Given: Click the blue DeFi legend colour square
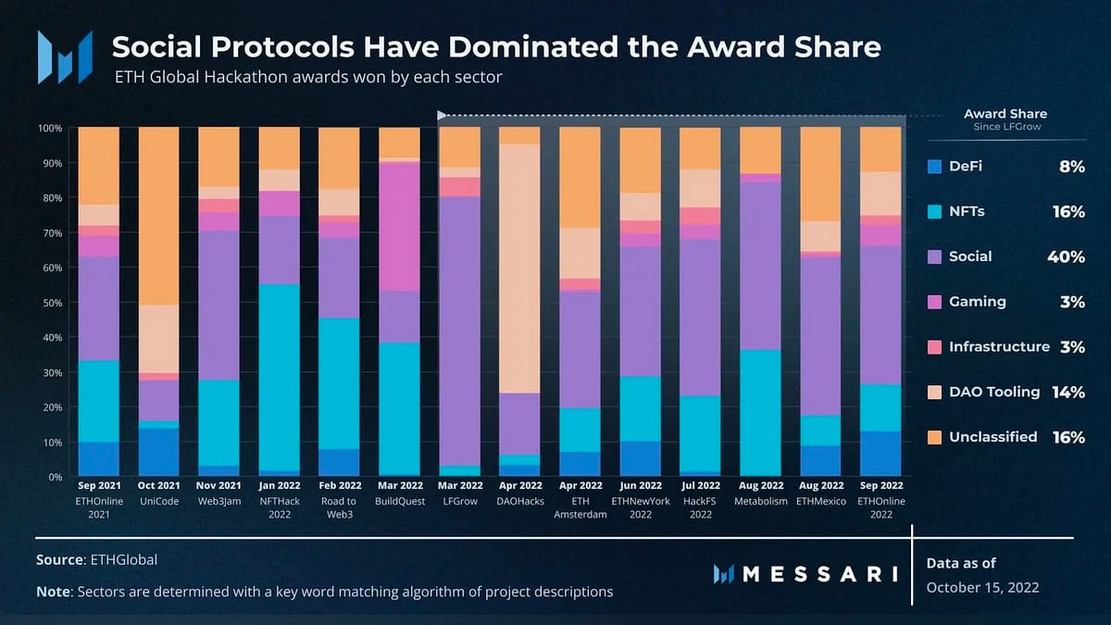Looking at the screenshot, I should click(934, 167).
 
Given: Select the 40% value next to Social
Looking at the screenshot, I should click(1067, 256).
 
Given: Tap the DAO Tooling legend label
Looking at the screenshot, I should click(994, 392).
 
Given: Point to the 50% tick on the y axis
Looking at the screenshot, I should click(51, 303).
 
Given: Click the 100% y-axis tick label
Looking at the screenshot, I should click(49, 128).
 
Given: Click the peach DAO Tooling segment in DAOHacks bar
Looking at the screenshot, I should click(519, 268).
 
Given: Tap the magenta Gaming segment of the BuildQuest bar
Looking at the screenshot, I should click(399, 226).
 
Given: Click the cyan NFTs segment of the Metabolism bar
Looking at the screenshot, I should click(760, 412).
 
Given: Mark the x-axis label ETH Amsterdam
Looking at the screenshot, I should click(580, 507).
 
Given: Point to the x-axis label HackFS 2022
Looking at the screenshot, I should click(700, 507).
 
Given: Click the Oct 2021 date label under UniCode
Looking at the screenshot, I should click(158, 485).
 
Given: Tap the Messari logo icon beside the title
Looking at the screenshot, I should click(65, 57).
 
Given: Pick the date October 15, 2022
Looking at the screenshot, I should click(982, 587).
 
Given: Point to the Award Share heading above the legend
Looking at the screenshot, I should click(1005, 114).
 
